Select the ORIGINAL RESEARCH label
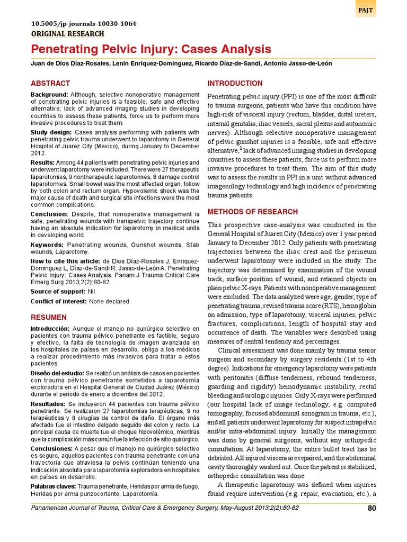67,33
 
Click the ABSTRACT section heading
50,84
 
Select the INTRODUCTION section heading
235,84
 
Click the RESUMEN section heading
49,317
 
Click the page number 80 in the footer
371,509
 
